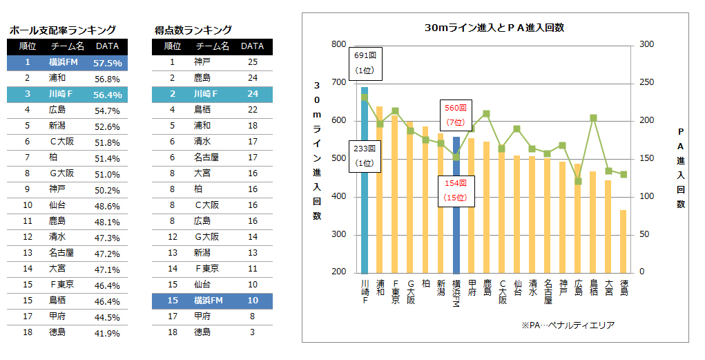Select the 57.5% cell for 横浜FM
point(107,63)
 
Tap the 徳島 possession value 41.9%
point(107,333)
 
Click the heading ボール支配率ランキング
point(61,30)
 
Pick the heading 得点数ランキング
point(193,30)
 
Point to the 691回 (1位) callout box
point(364,62)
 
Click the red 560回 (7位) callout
point(455,115)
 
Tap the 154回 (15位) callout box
point(455,190)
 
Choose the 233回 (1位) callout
point(364,156)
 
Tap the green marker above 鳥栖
point(593,117)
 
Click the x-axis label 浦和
point(379,287)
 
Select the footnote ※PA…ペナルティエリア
point(568,325)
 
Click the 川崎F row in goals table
point(212,93)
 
